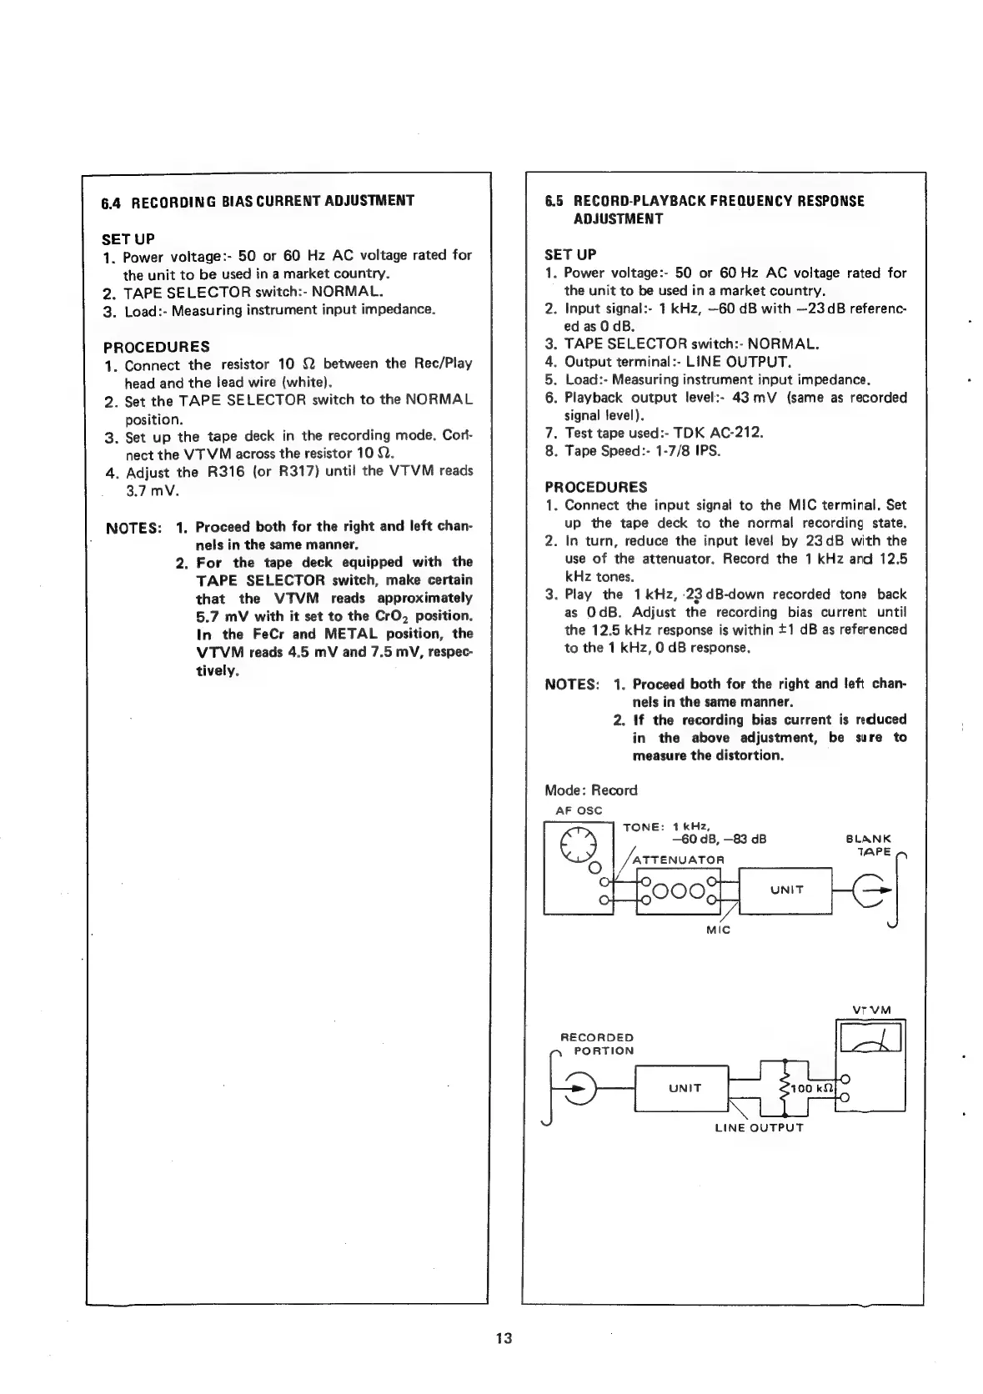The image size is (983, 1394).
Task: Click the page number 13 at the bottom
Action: pyautogui.click(x=502, y=1338)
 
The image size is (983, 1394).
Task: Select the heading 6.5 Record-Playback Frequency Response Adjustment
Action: pyautogui.click(x=705, y=209)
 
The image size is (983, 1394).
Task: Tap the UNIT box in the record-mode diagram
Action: pyautogui.click(x=785, y=890)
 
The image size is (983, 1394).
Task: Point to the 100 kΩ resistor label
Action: pyautogui.click(x=812, y=1089)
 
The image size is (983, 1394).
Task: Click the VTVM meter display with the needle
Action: pyautogui.click(x=871, y=1038)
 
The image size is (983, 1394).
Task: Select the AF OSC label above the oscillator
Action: pyautogui.click(x=579, y=810)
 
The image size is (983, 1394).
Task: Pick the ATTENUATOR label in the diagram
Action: pyautogui.click(x=679, y=860)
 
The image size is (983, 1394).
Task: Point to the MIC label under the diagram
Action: pyautogui.click(x=717, y=929)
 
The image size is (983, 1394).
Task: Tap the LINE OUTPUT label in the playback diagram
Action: pyautogui.click(x=759, y=1128)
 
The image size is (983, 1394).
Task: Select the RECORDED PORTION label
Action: pyautogui.click(x=597, y=1044)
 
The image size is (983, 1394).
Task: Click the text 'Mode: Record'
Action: pyautogui.click(x=590, y=790)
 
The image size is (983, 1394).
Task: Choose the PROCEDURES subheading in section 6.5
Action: pyautogui.click(x=595, y=486)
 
